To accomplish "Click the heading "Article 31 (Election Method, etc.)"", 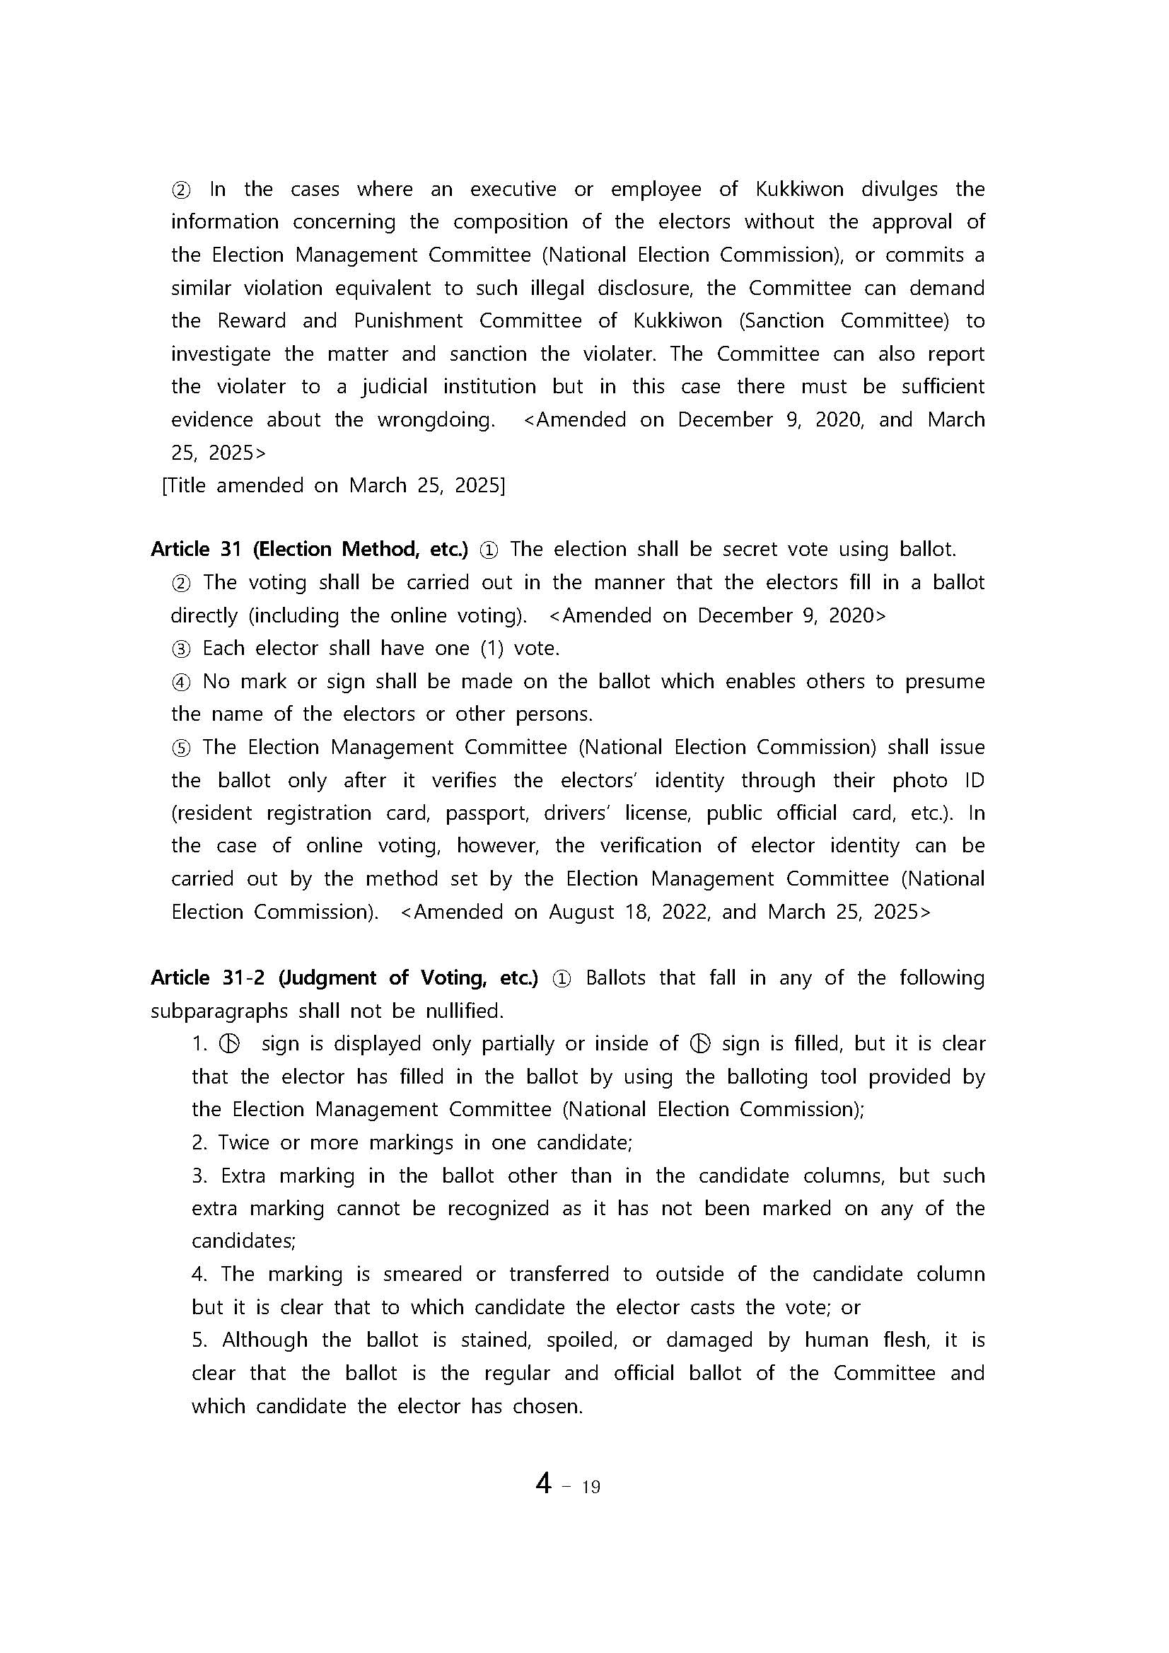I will (x=310, y=550).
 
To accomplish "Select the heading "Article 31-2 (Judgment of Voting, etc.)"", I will (x=344, y=978).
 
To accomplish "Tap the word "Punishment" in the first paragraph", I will (x=408, y=321).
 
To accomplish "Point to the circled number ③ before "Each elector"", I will (x=180, y=649).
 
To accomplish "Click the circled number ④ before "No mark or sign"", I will (x=180, y=683).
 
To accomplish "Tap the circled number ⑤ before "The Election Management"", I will (x=180, y=748).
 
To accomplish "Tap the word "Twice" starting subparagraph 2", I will (x=244, y=1142).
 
